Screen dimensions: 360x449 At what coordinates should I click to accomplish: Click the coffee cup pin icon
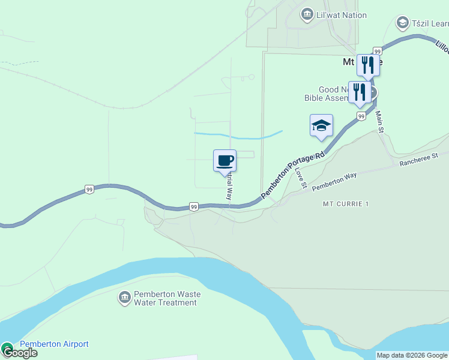224,161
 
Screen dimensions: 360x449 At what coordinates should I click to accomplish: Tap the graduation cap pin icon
321,126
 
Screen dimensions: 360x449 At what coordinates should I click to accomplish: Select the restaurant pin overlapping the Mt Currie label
367,65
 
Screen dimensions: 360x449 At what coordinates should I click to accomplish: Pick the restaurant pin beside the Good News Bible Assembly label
359,92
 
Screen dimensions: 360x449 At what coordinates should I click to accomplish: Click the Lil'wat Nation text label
341,15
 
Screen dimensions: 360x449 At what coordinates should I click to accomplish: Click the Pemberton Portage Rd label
293,174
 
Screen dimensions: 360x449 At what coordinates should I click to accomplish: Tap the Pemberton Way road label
334,181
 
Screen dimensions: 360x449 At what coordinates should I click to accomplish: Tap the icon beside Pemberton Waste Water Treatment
124,298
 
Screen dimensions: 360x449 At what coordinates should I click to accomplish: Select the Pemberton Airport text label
54,344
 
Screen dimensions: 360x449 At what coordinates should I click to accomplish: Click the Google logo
19,353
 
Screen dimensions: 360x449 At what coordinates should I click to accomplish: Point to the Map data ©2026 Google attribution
412,355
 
